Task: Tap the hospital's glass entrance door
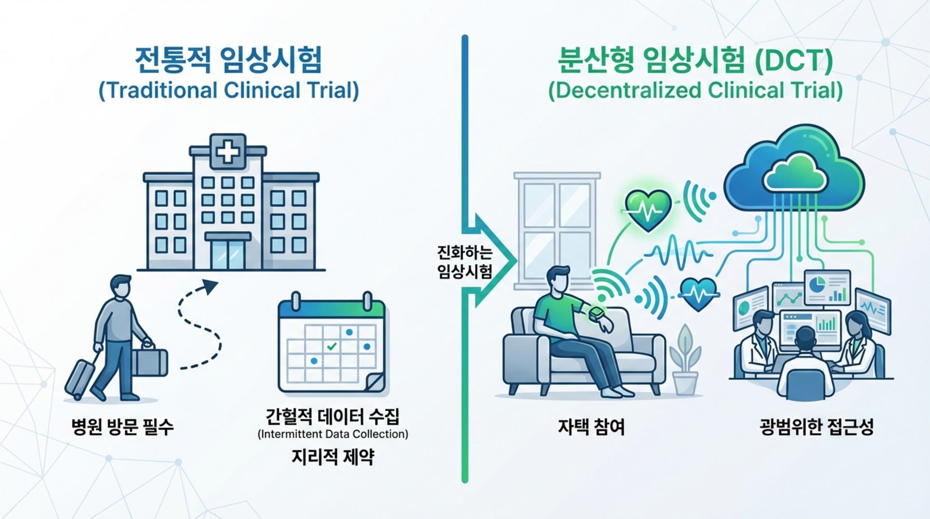click(228, 254)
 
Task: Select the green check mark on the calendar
click(332, 346)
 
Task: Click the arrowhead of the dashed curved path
click(210, 286)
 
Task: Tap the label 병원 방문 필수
click(122, 427)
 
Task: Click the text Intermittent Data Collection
click(333, 434)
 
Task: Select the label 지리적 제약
click(333, 457)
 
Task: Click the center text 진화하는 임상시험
click(464, 262)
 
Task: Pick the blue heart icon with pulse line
click(698, 293)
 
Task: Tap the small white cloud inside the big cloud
click(794, 175)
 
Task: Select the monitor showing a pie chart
click(827, 287)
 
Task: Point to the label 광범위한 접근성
click(816, 427)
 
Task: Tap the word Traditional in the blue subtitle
click(161, 91)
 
